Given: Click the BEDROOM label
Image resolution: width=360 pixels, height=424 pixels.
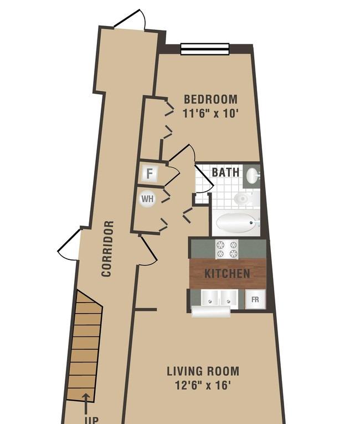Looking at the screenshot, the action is (x=210, y=99).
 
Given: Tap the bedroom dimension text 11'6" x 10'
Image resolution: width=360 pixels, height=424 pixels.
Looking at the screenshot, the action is (x=210, y=113).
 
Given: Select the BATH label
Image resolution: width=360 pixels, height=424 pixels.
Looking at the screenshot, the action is (x=225, y=172).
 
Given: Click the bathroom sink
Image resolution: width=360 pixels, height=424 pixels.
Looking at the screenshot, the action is (x=253, y=176).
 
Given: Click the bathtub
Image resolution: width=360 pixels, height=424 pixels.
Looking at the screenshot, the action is (x=237, y=223).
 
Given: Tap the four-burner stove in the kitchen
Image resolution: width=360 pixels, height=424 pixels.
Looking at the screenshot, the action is (x=227, y=249).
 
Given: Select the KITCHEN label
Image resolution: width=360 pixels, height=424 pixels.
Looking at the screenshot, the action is (x=227, y=274).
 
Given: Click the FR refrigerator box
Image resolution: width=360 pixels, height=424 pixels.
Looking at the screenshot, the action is (x=255, y=299).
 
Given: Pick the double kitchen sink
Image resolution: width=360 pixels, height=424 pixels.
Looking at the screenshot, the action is (x=219, y=299).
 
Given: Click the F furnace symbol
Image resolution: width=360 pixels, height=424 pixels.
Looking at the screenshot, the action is (x=149, y=173).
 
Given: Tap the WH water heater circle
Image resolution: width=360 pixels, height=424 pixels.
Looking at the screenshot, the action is (x=147, y=199).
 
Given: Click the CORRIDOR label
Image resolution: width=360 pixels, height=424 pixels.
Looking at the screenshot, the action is (x=107, y=249).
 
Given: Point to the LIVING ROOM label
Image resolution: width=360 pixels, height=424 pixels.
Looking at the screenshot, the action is (x=203, y=371).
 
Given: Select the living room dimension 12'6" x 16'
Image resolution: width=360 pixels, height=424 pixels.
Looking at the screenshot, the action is (x=203, y=385).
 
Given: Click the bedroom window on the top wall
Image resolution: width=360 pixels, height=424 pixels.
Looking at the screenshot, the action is (x=205, y=49).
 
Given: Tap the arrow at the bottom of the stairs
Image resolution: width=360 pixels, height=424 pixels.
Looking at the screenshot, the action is (x=86, y=406).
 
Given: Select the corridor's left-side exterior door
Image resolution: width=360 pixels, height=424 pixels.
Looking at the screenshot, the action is (x=69, y=245).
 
